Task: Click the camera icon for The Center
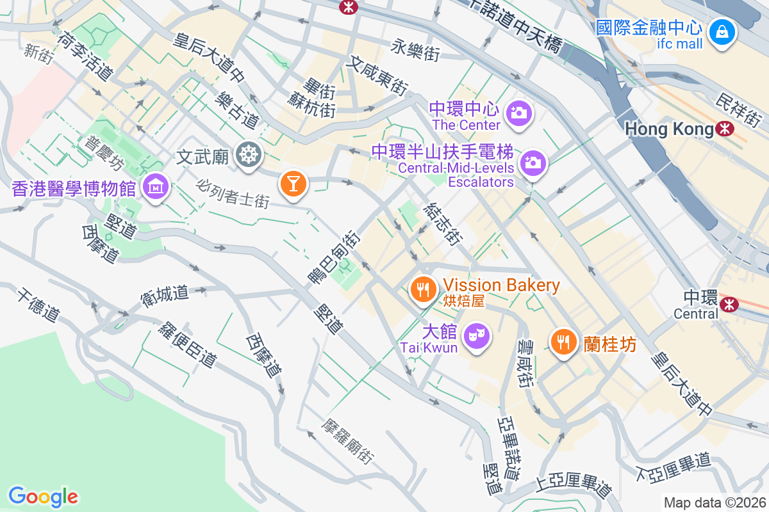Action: [518, 114]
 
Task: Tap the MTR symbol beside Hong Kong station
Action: [725, 129]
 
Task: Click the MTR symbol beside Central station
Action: [729, 304]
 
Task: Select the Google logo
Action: [43, 497]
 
